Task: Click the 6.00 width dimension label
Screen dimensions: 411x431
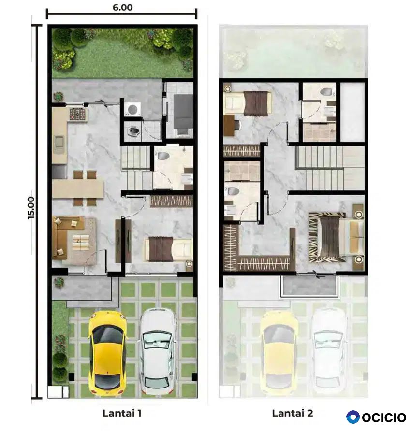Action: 123,7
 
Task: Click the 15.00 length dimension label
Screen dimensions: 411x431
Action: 31,208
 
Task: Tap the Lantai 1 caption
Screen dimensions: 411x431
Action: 122,413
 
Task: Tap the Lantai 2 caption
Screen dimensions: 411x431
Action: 293,413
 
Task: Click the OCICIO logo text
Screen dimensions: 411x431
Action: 384,417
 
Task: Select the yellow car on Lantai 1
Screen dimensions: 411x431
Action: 107,352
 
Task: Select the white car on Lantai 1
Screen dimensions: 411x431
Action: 158,351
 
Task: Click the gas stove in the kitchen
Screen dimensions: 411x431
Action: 77,114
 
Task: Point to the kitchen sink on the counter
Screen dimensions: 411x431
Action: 59,143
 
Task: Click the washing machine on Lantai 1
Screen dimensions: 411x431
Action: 132,109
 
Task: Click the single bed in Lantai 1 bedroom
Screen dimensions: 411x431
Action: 168,249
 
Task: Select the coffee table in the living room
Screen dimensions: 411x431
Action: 81,243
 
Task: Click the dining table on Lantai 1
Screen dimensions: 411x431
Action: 78,189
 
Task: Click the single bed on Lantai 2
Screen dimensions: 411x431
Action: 248,103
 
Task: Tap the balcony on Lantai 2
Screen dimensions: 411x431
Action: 309,286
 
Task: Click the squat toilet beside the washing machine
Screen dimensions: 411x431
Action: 134,131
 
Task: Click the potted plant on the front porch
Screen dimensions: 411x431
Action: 59,283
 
